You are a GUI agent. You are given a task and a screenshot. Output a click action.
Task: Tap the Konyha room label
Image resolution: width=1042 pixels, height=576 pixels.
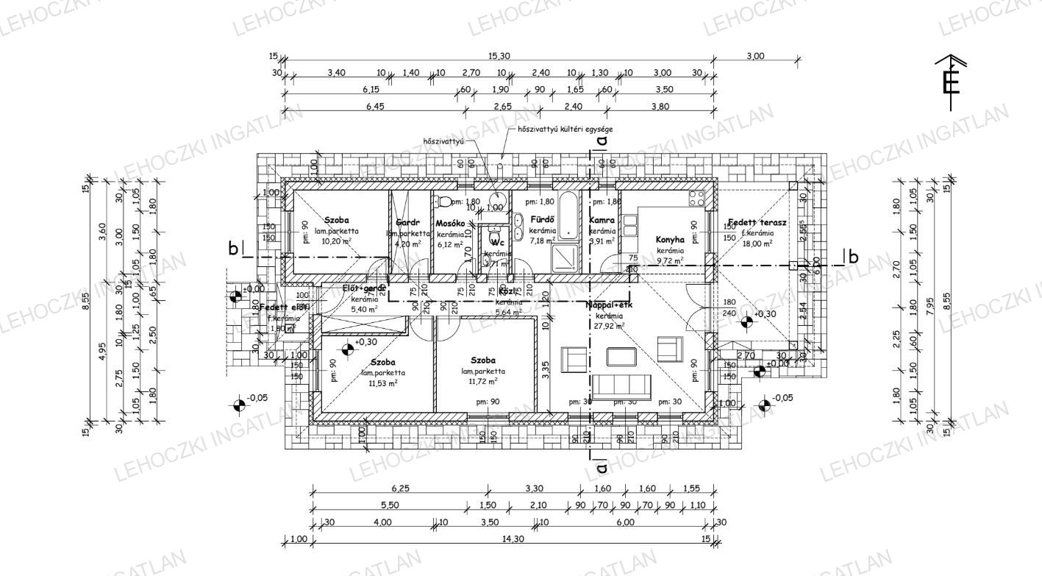670,240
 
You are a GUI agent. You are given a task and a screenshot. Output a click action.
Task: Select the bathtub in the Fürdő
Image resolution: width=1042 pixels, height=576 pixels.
569,216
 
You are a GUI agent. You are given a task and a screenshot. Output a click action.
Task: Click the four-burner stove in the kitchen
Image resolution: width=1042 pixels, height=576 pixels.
696,197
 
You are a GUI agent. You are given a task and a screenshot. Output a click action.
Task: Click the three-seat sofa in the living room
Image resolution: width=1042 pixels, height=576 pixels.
622,385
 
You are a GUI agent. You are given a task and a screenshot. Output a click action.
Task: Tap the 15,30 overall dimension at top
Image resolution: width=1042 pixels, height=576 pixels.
499,57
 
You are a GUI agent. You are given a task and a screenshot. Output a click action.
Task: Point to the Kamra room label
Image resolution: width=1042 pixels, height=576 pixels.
602,220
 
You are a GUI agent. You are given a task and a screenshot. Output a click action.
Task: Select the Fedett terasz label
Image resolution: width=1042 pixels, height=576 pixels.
757,222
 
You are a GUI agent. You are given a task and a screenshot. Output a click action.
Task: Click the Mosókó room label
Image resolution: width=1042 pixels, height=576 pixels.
450,224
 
